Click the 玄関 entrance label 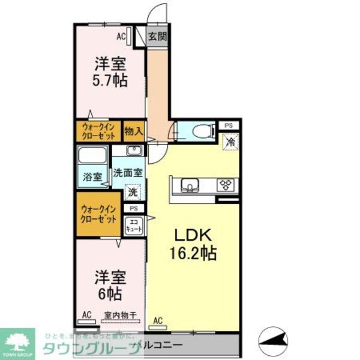[x=157, y=37]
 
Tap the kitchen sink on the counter [x=188, y=185]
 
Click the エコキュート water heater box [x=133, y=227]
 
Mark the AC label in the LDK [x=158, y=320]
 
